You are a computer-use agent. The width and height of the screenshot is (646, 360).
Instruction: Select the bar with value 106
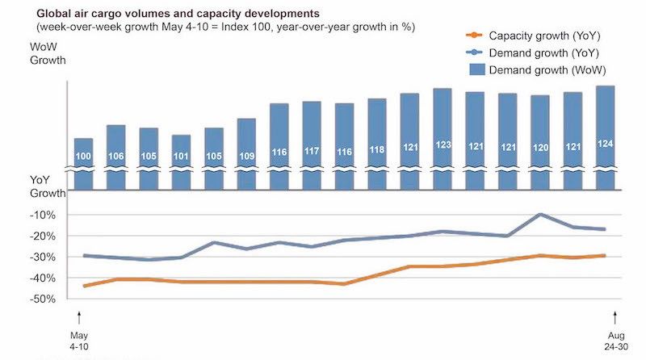tap(115, 157)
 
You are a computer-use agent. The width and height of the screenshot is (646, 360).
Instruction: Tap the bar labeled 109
tap(246, 153)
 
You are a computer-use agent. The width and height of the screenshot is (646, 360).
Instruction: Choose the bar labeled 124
tap(605, 137)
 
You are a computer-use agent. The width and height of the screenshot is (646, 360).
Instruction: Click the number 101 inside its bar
tap(181, 156)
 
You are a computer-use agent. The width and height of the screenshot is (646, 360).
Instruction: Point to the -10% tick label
tap(42, 216)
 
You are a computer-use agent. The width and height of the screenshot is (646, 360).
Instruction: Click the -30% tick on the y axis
tap(42, 257)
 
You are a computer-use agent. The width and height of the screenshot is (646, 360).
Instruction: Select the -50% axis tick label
tap(42, 299)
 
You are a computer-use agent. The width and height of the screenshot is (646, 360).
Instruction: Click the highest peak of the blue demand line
tap(540, 214)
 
